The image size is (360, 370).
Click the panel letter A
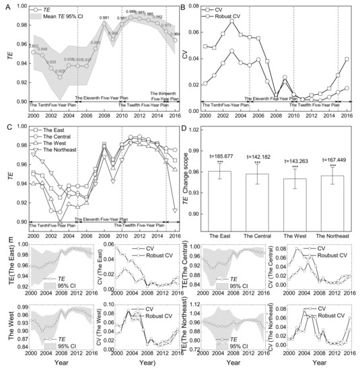(5, 7)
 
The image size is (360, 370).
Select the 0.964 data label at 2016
(174, 34)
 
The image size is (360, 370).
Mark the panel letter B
(186, 7)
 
